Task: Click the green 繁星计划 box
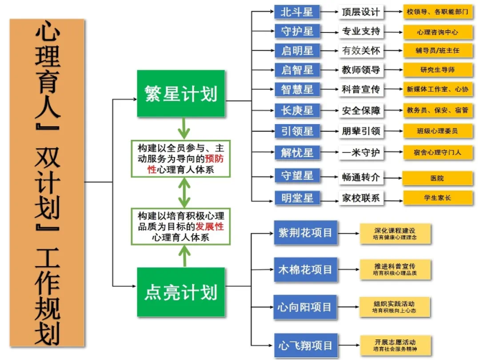[x=181, y=93]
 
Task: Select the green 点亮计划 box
[x=181, y=291]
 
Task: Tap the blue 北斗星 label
[x=297, y=12]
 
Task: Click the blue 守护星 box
[x=297, y=32]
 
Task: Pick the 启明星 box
[x=297, y=51]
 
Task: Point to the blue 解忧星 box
[x=297, y=152]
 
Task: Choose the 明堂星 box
[x=297, y=198]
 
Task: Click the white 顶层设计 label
[x=361, y=12]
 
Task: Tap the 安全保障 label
[x=361, y=110]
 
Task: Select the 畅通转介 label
[x=361, y=177]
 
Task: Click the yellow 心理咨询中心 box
[x=437, y=32]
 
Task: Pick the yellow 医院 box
[x=437, y=178]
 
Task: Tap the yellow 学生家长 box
[x=437, y=198]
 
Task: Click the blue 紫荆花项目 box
[x=305, y=233]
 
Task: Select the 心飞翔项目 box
[x=305, y=344]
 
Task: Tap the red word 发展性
[x=211, y=226]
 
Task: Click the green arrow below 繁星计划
[x=182, y=128]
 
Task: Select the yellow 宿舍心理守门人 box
[x=437, y=152]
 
